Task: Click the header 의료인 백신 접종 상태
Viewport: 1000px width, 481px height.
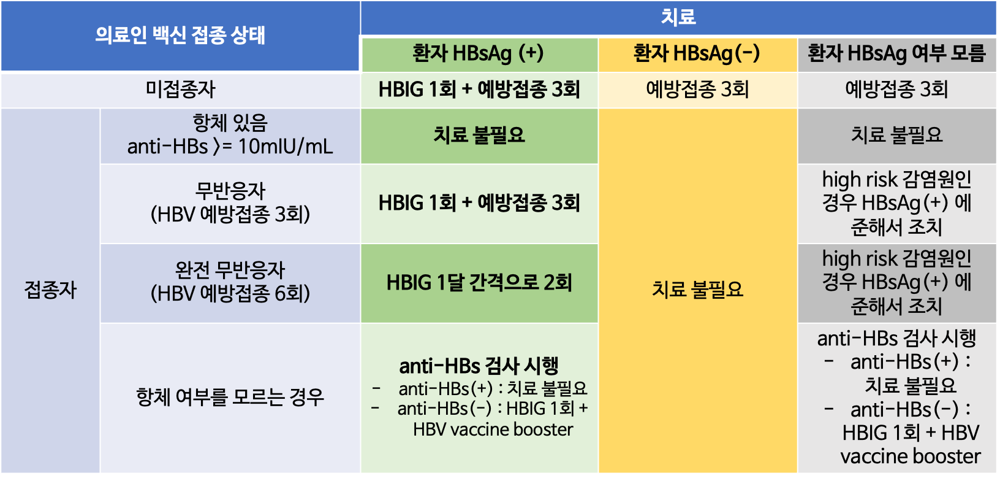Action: point(180,36)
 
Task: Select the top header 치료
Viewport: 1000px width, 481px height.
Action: point(678,17)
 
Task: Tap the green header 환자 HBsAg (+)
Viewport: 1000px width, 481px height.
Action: point(478,53)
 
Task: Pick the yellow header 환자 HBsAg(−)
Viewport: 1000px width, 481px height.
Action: point(697,53)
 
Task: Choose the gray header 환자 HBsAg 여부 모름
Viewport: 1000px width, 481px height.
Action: point(896,53)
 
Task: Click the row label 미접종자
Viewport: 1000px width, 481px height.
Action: point(180,90)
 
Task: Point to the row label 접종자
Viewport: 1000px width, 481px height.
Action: point(50,290)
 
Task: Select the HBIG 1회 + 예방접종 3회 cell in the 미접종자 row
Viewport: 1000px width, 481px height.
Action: point(479,90)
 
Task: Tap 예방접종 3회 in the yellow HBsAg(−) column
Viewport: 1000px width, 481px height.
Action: point(697,90)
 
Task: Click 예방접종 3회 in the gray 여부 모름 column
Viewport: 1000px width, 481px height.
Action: point(896,90)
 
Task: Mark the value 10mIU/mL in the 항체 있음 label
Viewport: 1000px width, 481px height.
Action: point(286,147)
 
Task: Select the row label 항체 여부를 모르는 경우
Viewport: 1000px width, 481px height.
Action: point(230,397)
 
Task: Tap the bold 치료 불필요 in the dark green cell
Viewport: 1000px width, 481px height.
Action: point(479,135)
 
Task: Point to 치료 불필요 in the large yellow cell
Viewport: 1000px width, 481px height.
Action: point(697,289)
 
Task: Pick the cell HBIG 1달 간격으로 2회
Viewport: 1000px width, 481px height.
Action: point(479,283)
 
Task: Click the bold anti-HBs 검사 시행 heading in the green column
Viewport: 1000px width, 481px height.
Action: point(479,366)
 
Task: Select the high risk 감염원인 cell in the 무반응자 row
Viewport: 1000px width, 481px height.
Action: point(896,204)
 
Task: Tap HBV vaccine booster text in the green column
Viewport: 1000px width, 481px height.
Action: point(493,429)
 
